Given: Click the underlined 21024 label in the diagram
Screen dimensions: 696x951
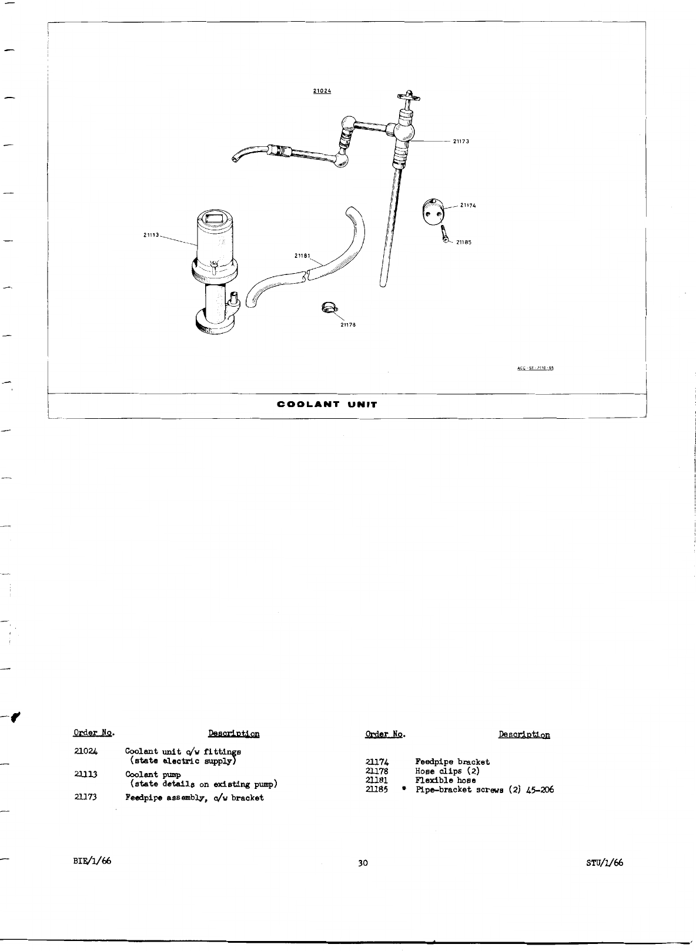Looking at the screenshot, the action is (x=322, y=91).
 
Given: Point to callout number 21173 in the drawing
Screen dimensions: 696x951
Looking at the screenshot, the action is (x=460, y=142).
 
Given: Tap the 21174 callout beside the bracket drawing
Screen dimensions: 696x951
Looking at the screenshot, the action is (x=468, y=206).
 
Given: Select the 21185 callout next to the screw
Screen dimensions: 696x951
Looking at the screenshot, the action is (x=463, y=242).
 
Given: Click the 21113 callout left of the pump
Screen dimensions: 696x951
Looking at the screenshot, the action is (x=152, y=235).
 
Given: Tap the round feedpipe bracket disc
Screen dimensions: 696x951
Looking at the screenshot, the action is (x=433, y=213).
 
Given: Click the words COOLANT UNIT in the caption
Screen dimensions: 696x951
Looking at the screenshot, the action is (x=327, y=404).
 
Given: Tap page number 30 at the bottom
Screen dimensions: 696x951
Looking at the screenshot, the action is (x=363, y=863).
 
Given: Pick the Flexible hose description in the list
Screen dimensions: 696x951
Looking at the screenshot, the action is (x=446, y=780).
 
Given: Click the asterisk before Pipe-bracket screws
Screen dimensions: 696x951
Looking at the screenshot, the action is (x=404, y=789).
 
